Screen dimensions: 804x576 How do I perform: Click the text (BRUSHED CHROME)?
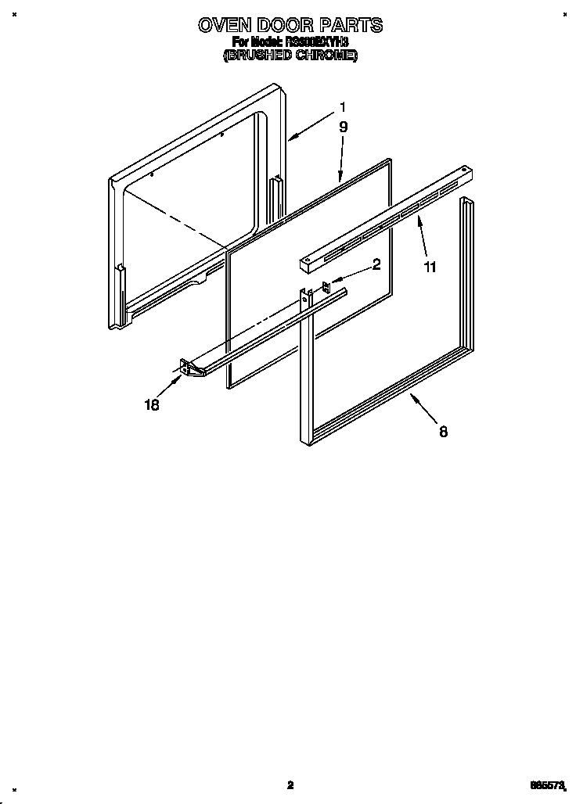(x=290, y=56)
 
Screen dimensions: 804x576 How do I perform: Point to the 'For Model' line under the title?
(x=290, y=41)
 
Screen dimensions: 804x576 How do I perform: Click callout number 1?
(x=342, y=107)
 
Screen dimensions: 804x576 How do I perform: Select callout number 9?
(x=343, y=127)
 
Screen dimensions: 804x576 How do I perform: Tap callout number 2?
(x=376, y=264)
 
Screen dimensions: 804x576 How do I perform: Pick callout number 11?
(x=430, y=267)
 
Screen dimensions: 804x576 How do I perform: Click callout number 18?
(x=152, y=404)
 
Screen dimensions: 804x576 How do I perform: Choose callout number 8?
(x=443, y=431)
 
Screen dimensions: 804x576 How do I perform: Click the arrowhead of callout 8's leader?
(x=409, y=397)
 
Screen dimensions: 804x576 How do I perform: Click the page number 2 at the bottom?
(x=290, y=785)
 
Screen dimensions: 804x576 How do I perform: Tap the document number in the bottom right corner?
(x=545, y=785)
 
